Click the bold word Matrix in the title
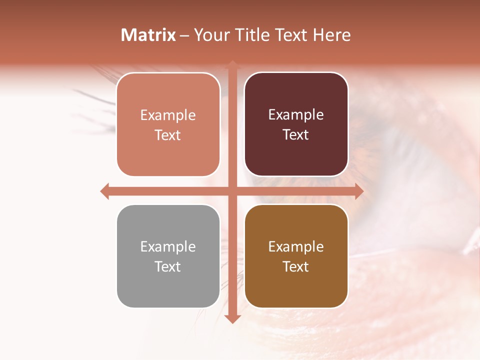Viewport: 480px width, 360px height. [148, 35]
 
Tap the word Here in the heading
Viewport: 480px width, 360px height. [331, 35]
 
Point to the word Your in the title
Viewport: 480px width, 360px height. [211, 35]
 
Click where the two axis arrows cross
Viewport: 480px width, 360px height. [232, 191]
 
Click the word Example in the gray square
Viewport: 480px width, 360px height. [168, 246]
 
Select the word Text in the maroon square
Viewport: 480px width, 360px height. [296, 135]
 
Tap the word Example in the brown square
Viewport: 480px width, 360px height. [296, 246]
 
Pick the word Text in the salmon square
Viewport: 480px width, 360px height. [168, 135]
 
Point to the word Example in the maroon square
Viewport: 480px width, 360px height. [296, 115]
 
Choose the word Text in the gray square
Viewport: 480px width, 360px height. [168, 266]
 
